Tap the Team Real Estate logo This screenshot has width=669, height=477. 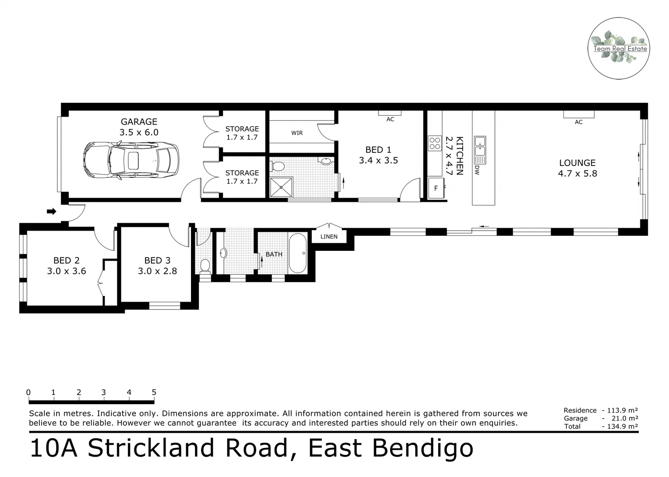[619, 49]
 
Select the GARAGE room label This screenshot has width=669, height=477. [139, 122]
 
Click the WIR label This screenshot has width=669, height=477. [297, 133]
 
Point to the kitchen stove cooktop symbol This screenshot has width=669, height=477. [435, 144]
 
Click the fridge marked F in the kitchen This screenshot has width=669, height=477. [436, 189]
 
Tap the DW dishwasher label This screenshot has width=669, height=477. [477, 170]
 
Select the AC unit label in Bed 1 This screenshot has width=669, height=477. [390, 119]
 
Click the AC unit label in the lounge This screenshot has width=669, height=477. [578, 122]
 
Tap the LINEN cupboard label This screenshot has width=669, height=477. [329, 237]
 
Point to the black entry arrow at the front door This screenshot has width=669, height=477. [52, 212]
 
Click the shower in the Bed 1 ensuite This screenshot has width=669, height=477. [281, 187]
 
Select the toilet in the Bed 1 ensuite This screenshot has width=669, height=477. [277, 167]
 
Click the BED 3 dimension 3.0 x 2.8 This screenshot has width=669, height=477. [157, 271]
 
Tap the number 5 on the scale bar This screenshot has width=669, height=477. [154, 392]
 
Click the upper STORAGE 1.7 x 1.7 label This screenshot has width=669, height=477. [242, 133]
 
